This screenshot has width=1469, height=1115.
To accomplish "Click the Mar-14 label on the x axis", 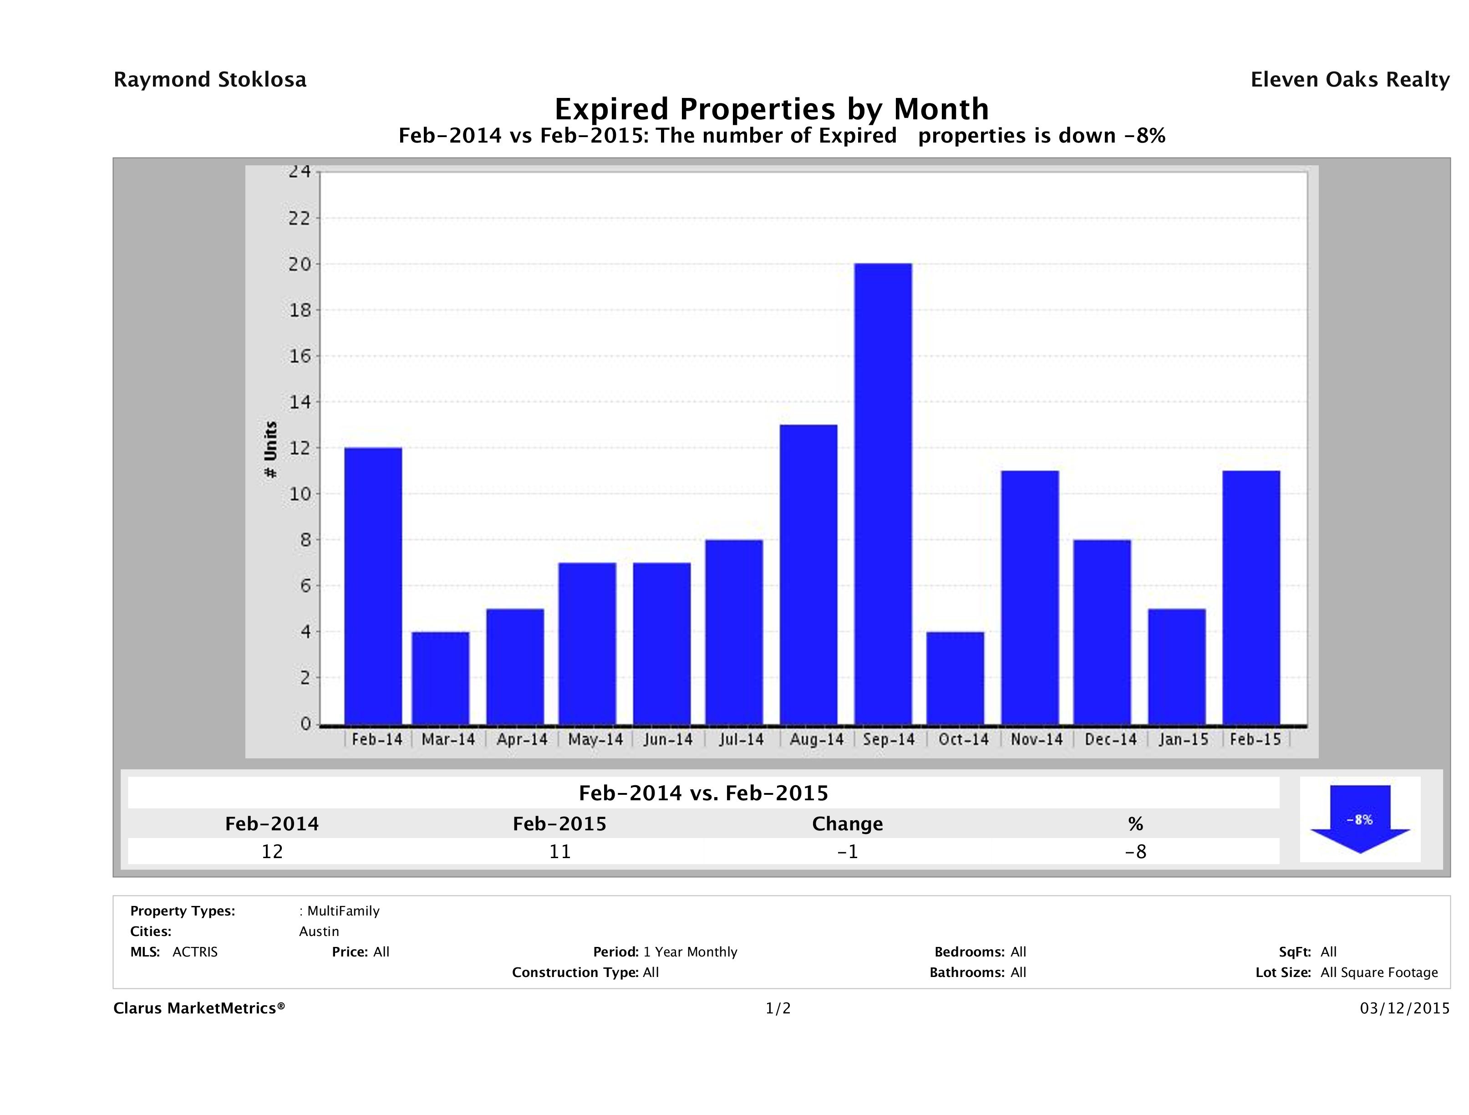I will pyautogui.click(x=448, y=740).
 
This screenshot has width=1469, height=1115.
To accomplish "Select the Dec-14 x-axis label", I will pyautogui.click(x=1110, y=740).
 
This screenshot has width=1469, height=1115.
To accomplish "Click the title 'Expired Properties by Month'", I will pyautogui.click(x=772, y=109).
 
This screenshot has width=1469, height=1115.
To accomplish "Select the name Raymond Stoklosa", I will pyautogui.click(x=210, y=80).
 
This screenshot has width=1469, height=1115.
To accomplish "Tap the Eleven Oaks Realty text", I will pyautogui.click(x=1349, y=80).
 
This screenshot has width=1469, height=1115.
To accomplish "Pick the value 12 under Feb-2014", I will pyautogui.click(x=272, y=851).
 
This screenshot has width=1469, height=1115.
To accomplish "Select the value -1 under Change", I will pyautogui.click(x=848, y=851).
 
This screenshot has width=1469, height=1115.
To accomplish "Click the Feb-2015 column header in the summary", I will pyautogui.click(x=559, y=824).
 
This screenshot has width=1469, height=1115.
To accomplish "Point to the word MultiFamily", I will pyautogui.click(x=343, y=911).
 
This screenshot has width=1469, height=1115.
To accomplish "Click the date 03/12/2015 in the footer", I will pyautogui.click(x=1404, y=1009).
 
